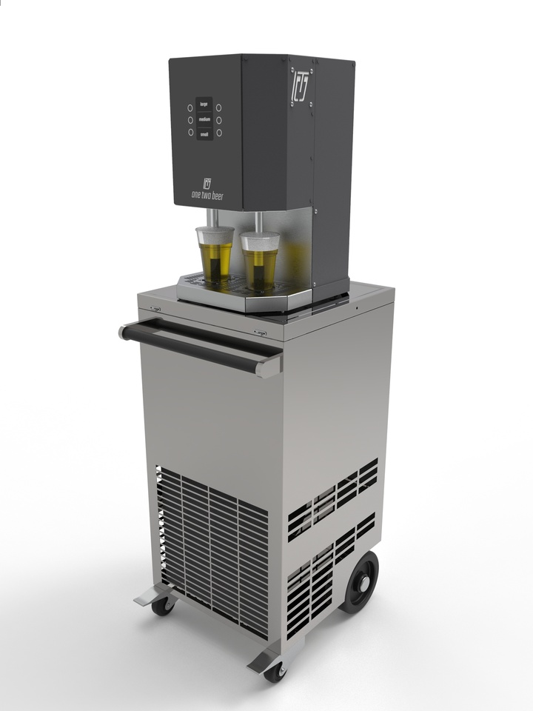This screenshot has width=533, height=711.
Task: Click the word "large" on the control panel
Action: tap(204, 107)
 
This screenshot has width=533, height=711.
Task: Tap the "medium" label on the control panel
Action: tap(204, 120)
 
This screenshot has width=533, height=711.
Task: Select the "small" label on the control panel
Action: tap(204, 133)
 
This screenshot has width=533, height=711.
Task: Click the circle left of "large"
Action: tap(190, 107)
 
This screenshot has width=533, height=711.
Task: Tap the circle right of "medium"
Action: tap(218, 120)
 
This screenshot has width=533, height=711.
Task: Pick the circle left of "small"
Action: tap(190, 133)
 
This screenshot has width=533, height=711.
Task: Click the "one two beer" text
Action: tap(207, 195)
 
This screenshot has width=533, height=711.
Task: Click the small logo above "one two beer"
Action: tap(207, 182)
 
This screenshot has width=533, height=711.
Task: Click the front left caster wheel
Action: tap(162, 605)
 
